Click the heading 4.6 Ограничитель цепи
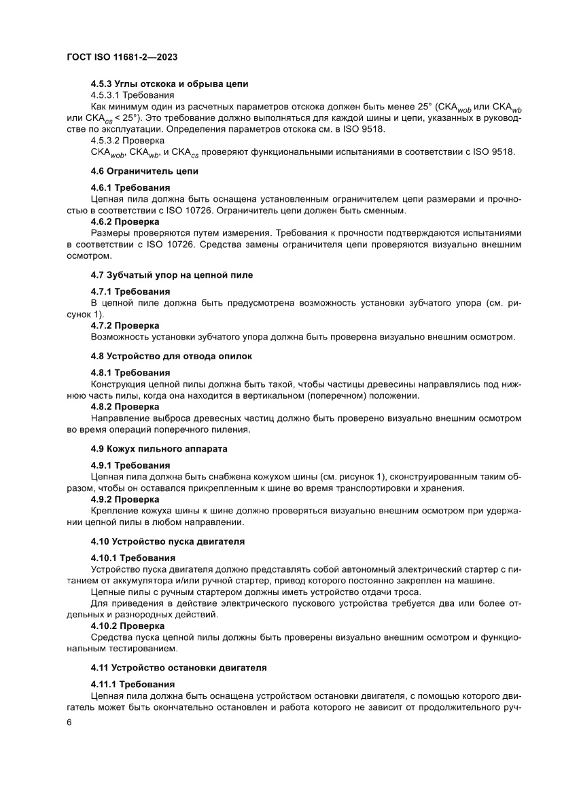[144, 171]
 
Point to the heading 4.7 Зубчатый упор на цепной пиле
[173, 275]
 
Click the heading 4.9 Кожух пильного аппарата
[159, 449]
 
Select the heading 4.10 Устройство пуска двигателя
[168, 541]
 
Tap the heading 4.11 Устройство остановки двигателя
[179, 668]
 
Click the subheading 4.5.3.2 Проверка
[127, 140]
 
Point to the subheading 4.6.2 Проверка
[125, 221]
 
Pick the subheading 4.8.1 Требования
[130, 372]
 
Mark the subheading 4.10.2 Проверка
[128, 625]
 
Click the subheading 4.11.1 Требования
[133, 684]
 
